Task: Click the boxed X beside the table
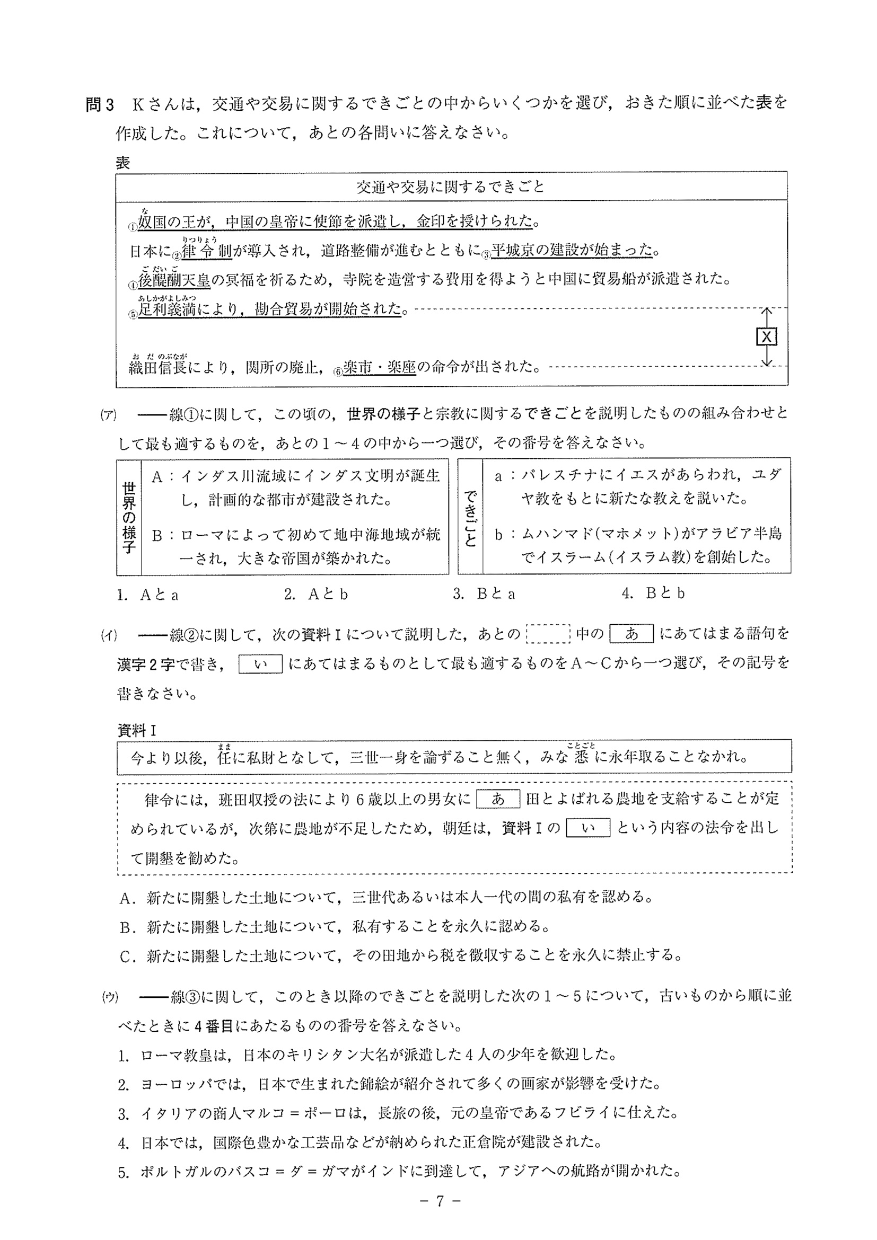pyautogui.click(x=766, y=337)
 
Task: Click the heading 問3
pyautogui.click(x=100, y=104)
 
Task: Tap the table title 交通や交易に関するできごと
pyautogui.click(x=451, y=187)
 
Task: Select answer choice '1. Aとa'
pyautogui.click(x=148, y=595)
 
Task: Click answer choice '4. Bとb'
pyautogui.click(x=653, y=594)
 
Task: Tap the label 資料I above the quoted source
pyautogui.click(x=137, y=731)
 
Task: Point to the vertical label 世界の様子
pyautogui.click(x=129, y=517)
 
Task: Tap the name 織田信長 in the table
pyautogui.click(x=158, y=368)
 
